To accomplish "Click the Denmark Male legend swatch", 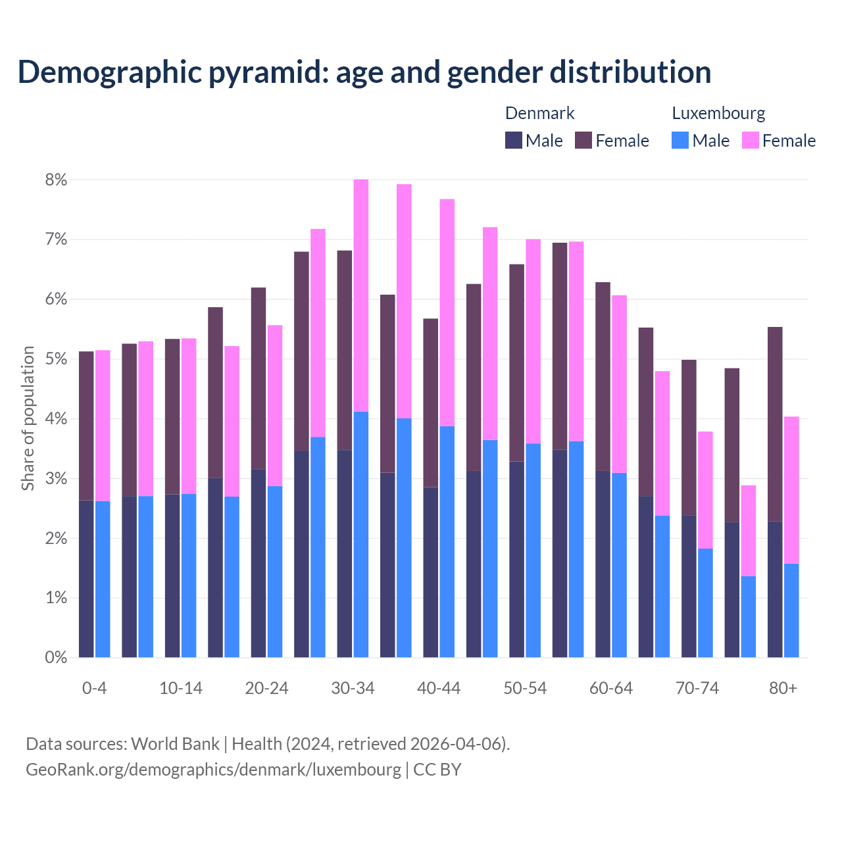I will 514,140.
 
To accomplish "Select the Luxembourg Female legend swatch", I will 751,140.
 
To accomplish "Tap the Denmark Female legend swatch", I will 583,140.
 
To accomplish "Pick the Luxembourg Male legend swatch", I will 680,140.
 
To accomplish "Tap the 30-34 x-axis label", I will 353,689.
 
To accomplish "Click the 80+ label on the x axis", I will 783,689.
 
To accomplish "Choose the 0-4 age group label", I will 94,689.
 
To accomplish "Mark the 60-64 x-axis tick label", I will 610,689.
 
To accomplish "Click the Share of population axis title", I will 28,418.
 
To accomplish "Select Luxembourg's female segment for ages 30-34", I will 361,295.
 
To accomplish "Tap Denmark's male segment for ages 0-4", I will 86,579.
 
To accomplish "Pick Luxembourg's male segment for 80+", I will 791,610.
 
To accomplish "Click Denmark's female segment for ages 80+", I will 775,424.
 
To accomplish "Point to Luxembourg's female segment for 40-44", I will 447,312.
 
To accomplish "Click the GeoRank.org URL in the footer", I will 213,769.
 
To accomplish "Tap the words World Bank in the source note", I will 175,744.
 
